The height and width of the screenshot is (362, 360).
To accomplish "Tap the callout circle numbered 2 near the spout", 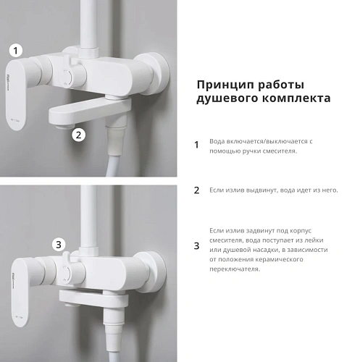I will click(x=80, y=134).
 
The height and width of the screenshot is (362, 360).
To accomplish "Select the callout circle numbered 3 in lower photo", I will click(x=60, y=244).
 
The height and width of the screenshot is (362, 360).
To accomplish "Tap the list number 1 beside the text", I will click(x=196, y=145).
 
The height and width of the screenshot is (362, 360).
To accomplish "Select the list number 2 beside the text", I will click(x=196, y=190).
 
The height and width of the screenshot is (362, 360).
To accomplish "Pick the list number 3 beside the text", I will click(x=196, y=246).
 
